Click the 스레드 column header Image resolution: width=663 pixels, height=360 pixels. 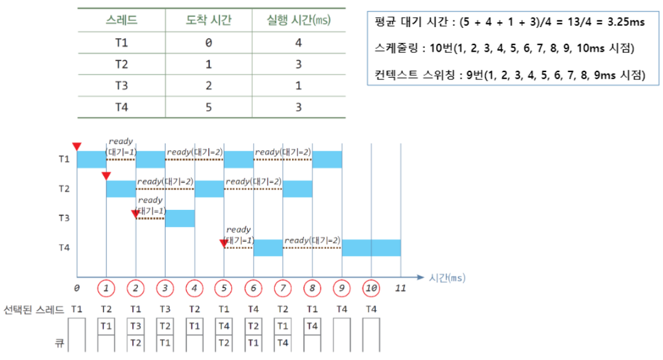click(121, 20)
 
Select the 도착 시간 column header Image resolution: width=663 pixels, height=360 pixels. click(208, 20)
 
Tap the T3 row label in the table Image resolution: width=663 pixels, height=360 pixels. click(121, 86)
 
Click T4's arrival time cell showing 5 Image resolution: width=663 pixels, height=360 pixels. click(208, 107)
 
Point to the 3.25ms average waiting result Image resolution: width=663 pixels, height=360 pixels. click(623, 23)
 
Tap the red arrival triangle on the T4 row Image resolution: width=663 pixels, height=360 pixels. click(223, 244)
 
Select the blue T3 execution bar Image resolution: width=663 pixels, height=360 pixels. click(180, 218)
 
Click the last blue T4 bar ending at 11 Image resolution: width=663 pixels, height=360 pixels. click(371, 248)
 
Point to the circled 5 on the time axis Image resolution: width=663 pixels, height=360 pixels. click(224, 288)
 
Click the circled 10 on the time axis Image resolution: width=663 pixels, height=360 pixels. click(371, 288)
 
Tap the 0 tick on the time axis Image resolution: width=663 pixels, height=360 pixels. click(77, 288)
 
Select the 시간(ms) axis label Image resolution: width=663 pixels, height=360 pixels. click(447, 277)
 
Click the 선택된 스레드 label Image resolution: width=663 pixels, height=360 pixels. click(34, 309)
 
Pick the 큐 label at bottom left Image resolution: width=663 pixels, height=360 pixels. click(60, 340)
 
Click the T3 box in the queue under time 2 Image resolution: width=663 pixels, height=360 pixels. click(135, 326)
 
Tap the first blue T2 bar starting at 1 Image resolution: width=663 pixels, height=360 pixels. click(121, 189)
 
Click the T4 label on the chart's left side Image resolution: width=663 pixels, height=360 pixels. click(65, 248)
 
